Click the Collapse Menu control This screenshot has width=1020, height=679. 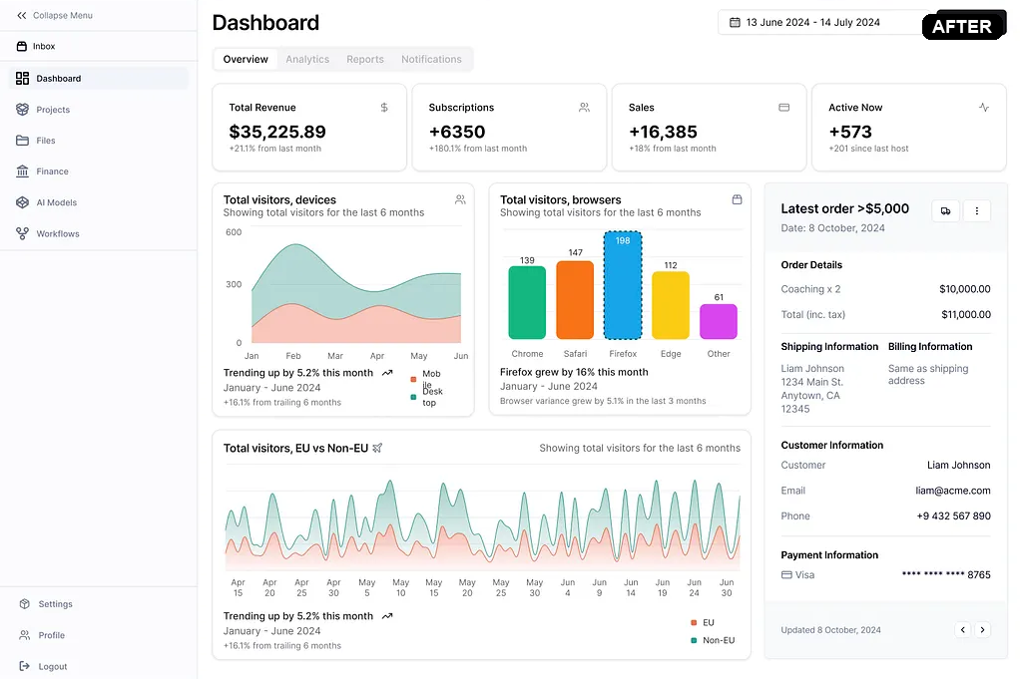[55, 16]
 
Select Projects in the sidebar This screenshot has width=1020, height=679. [52, 110]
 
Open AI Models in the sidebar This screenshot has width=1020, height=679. [56, 202]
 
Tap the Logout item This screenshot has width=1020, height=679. [52, 666]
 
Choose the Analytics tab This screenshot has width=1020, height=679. [307, 60]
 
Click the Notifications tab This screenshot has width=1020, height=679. [431, 60]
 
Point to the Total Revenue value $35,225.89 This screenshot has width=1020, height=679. [277, 132]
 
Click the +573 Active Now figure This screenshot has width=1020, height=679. [850, 132]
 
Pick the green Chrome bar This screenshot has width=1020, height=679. [527, 303]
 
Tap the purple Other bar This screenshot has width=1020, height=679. [719, 322]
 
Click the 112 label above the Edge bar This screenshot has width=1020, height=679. [671, 265]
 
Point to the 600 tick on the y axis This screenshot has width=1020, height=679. [234, 232]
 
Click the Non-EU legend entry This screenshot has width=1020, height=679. [718, 640]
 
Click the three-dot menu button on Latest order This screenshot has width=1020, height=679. [976, 210]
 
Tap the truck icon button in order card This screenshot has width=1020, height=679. [945, 210]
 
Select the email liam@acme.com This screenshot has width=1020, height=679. [953, 491]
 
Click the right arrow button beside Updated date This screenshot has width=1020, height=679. [983, 629]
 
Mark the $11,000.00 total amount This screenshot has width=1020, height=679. [965, 315]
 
